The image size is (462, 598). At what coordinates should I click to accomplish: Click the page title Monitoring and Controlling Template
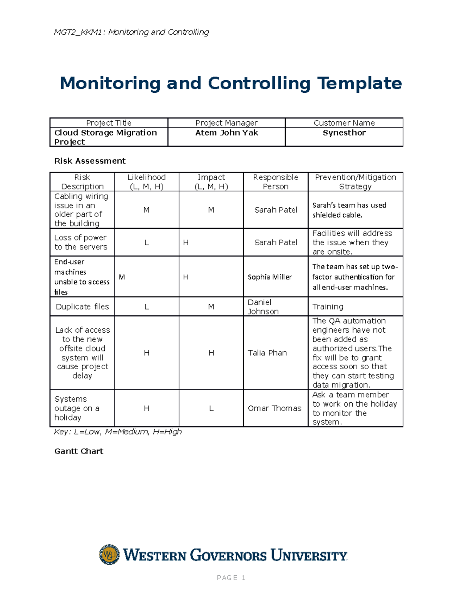231,84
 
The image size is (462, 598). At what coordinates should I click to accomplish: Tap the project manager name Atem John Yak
226,133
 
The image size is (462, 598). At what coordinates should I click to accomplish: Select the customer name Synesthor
344,133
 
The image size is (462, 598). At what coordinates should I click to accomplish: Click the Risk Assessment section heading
90,161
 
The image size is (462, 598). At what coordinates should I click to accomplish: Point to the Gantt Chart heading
79,451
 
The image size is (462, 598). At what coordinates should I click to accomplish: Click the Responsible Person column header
275,182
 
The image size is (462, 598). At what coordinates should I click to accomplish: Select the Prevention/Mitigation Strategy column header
355,182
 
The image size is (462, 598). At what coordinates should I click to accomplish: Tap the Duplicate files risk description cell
82,307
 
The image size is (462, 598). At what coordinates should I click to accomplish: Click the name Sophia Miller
269,277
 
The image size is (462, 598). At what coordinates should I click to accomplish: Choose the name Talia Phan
267,353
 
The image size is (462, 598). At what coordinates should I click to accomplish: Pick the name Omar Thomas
274,408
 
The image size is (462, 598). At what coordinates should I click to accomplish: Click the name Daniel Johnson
263,307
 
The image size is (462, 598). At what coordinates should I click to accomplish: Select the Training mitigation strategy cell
328,307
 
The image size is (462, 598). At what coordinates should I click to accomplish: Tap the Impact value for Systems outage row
211,408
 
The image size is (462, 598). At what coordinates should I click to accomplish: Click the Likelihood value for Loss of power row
146,243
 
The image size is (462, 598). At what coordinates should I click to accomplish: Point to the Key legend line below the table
118,432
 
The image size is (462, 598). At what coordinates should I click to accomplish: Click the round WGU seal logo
109,554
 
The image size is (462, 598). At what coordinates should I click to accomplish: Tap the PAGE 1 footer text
231,578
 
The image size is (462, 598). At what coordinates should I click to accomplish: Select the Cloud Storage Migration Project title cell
105,137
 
